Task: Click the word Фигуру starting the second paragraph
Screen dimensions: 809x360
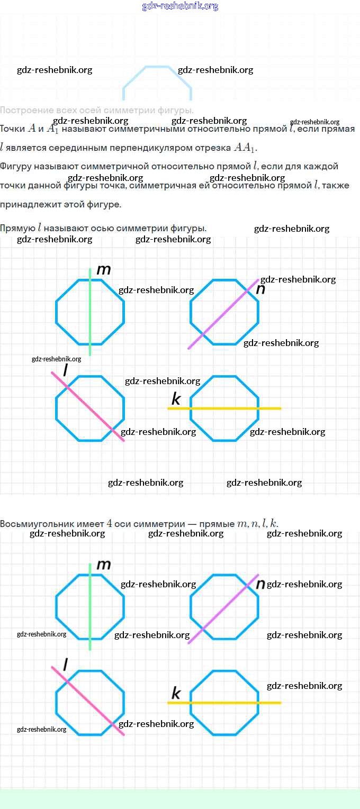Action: pyautogui.click(x=15, y=166)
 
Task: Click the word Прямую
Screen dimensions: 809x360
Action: pyautogui.click(x=17, y=228)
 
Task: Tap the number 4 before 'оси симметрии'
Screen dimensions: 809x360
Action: pyautogui.click(x=110, y=524)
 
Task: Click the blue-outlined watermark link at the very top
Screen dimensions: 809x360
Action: pyautogui.click(x=180, y=6)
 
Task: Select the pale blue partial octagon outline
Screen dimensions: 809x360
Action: pyautogui.click(x=157, y=79)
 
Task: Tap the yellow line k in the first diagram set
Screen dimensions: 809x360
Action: pyautogui.click(x=265, y=408)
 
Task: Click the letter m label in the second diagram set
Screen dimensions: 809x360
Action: pyautogui.click(x=104, y=565)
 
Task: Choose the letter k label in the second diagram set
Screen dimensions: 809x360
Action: pyautogui.click(x=176, y=693)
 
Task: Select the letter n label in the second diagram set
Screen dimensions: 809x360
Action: pyautogui.click(x=260, y=584)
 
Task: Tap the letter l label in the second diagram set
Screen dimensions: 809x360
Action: pyautogui.click(x=65, y=663)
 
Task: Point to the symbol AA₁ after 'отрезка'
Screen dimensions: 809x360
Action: pyautogui.click(x=245, y=148)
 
